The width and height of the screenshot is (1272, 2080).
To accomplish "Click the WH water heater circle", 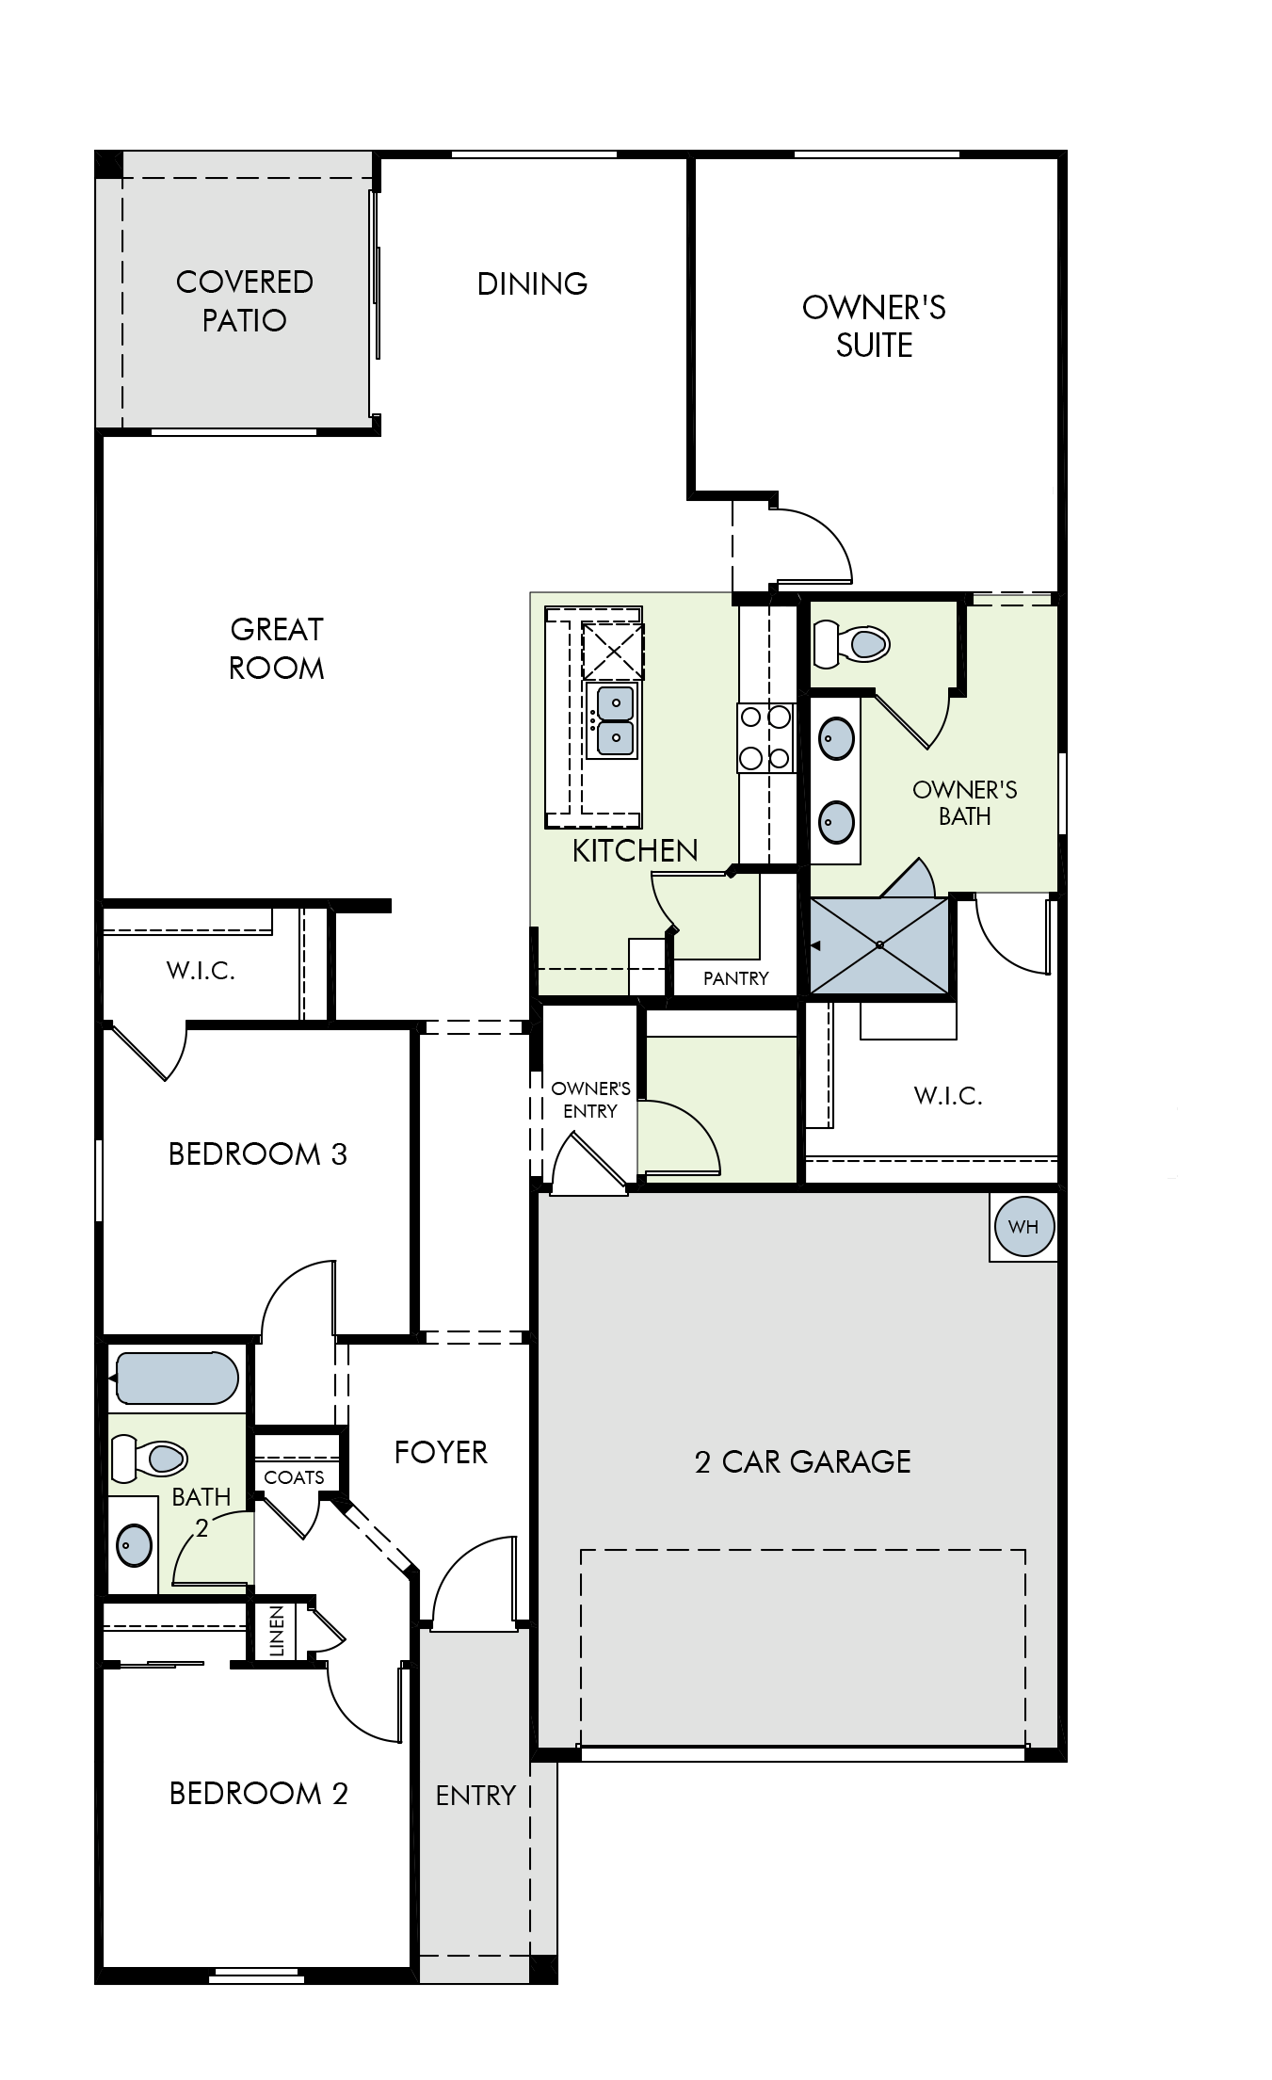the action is point(1023,1226).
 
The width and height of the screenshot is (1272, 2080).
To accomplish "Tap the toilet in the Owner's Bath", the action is point(851,644).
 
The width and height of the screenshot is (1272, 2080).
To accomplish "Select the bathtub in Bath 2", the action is point(173,1378).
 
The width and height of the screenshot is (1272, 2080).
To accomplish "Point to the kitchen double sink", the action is point(612,719).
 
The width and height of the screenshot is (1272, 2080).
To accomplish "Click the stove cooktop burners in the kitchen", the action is point(765,737).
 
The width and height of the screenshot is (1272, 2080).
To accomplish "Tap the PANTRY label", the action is point(736,978).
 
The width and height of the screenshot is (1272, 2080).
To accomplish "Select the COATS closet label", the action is point(294,1477).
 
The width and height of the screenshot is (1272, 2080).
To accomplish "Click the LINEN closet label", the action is point(277,1631).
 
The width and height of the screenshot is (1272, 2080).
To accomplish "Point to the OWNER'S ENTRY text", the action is point(590,1100).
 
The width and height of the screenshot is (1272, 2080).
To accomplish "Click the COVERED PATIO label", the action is point(245,300).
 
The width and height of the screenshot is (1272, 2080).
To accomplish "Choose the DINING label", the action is point(532,283).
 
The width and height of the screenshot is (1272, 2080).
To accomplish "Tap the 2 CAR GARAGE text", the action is point(803,1461).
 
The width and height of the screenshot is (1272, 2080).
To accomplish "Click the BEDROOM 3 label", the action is point(258,1153).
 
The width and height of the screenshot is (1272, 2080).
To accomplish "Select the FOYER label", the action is point(441,1452).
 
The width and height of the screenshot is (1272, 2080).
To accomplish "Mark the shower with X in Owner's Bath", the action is point(879,944).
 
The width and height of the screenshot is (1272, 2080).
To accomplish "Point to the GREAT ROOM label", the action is point(277,648).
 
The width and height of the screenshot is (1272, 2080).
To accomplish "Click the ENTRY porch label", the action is point(475,1795).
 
